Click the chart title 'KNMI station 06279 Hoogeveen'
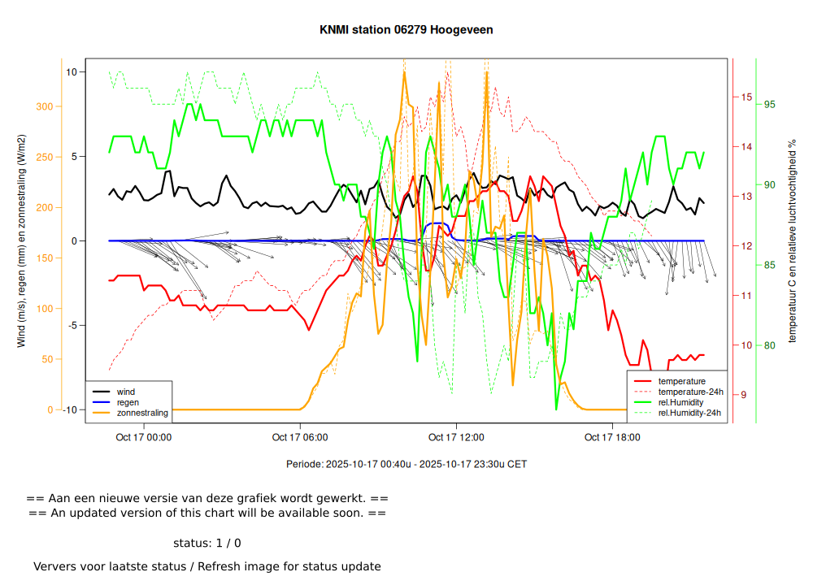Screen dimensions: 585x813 coord(406,30)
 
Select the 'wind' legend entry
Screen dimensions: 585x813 coord(126,392)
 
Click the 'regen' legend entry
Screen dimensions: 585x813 coord(128,402)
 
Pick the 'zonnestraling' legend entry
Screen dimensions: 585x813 coord(142,413)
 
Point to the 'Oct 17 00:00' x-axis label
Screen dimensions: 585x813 coord(144,437)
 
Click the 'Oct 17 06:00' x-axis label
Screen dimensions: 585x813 coord(300,437)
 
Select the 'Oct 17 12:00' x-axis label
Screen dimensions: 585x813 coord(456,437)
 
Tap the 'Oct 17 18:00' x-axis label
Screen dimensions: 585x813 coord(612,437)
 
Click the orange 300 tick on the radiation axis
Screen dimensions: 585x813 coord(44,106)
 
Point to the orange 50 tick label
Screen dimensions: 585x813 coord(46,359)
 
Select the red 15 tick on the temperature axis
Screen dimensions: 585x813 coord(746,97)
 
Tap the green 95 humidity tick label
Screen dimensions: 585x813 coord(769,104)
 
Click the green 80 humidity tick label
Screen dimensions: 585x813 coord(769,345)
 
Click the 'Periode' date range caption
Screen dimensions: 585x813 coord(406,464)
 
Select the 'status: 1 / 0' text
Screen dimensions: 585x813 coord(207,543)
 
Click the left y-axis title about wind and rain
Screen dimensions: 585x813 coord(22,240)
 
